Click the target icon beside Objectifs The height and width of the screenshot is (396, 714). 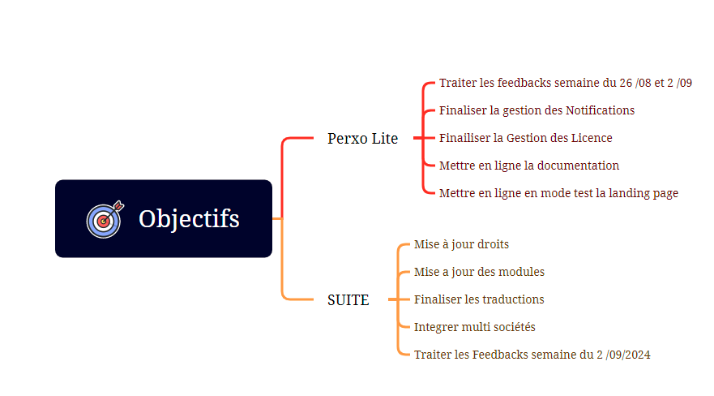(x=105, y=219)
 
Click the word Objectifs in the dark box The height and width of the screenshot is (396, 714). (x=189, y=219)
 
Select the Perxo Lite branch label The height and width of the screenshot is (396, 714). (x=362, y=138)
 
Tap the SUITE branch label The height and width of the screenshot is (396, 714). (x=348, y=300)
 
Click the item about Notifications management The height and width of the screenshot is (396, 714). (x=537, y=110)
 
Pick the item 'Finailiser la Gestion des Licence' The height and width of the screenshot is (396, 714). (x=525, y=138)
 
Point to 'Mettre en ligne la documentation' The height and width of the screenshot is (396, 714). (x=529, y=166)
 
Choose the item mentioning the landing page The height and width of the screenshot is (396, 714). (x=558, y=193)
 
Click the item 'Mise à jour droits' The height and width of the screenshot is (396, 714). (x=461, y=245)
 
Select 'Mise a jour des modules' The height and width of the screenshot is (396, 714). (x=479, y=272)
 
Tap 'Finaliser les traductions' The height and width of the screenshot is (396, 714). (x=479, y=299)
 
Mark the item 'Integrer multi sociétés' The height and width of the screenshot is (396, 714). (x=474, y=327)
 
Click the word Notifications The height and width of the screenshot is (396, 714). (x=600, y=110)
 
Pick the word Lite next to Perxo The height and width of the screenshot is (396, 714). (x=385, y=138)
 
